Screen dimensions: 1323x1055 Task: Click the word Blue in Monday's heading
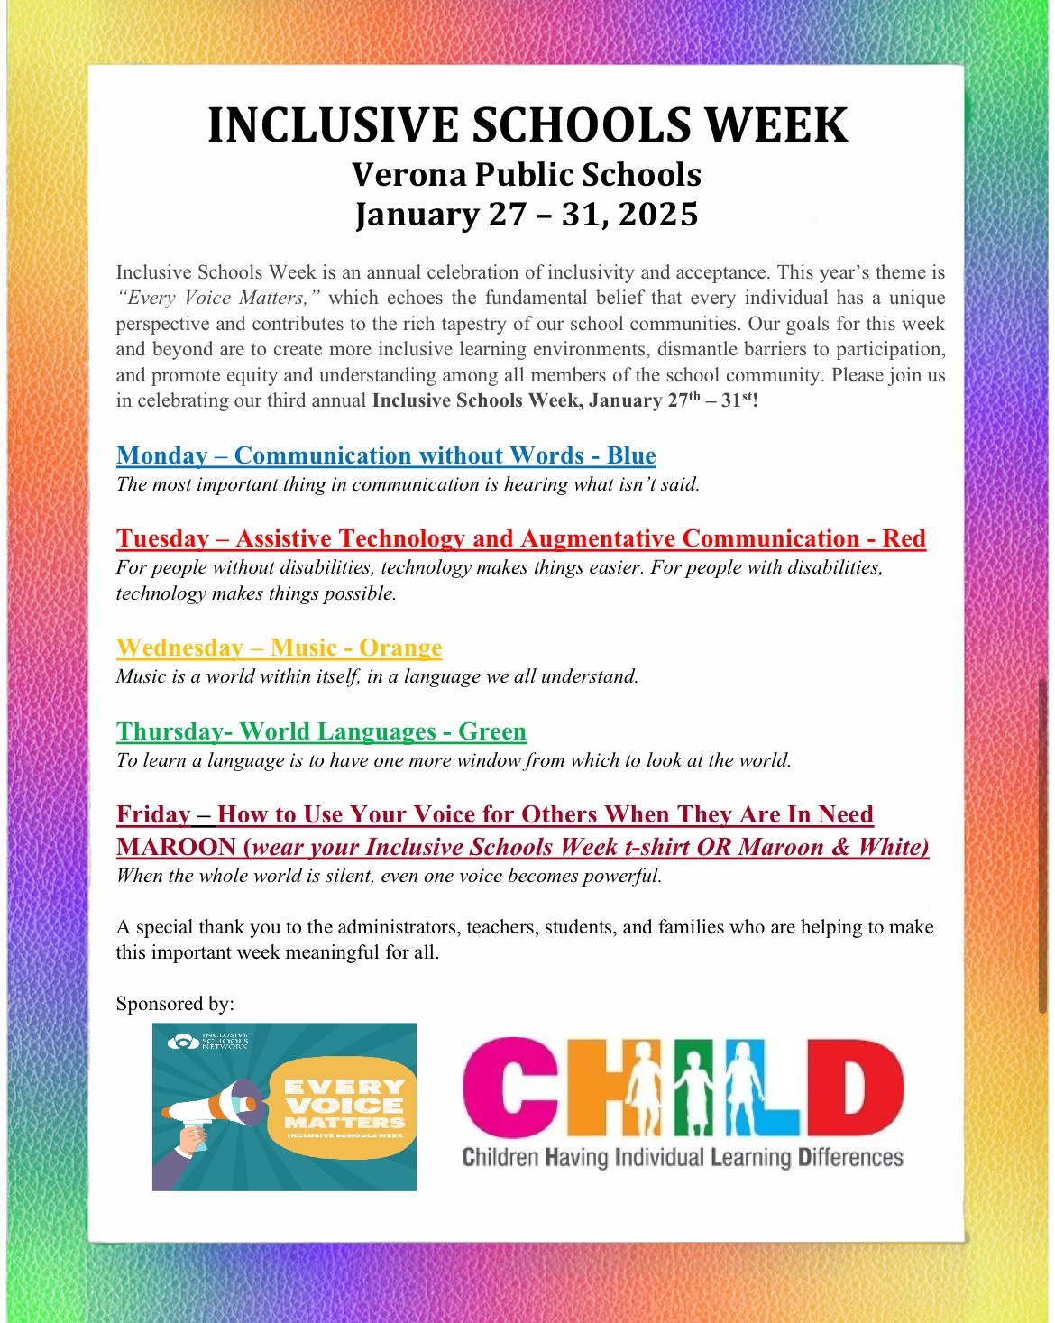point(631,455)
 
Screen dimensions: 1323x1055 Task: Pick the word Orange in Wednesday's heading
point(400,648)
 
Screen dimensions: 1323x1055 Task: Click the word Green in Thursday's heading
point(492,731)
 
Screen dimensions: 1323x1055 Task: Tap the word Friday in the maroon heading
point(153,814)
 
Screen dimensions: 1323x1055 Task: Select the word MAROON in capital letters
point(176,847)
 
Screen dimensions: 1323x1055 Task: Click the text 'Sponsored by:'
point(175,1004)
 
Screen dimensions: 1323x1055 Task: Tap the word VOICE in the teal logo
point(344,1105)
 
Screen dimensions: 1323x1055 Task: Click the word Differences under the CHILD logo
point(850,1157)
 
